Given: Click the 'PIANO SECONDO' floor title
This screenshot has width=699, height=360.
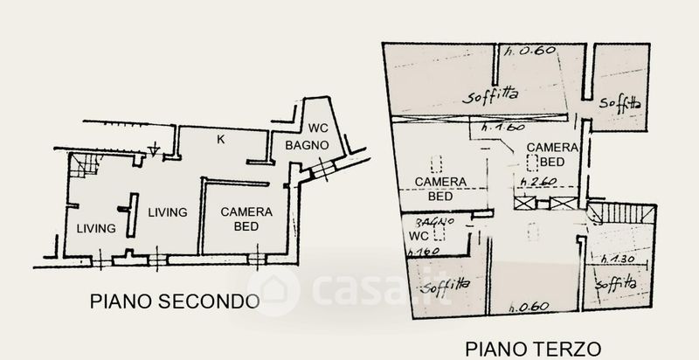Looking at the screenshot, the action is coord(175,302).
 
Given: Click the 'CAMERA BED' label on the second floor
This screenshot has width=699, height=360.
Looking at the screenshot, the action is coord(246,218).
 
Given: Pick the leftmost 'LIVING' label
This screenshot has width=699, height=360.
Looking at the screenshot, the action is coord(95,229).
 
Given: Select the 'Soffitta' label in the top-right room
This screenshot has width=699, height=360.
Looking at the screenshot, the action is coord(621,102).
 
